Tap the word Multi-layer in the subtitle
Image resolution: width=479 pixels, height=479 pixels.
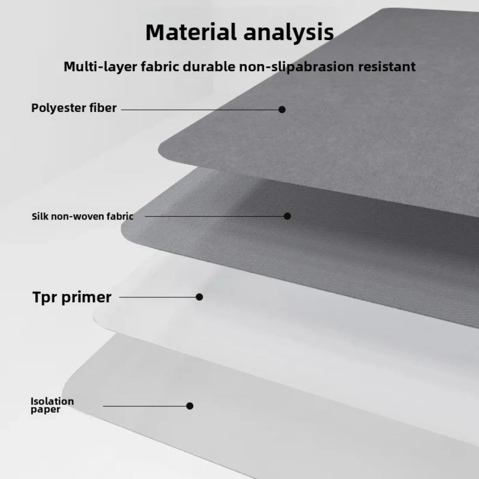[101, 67]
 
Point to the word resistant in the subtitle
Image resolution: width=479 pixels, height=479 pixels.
[387, 67]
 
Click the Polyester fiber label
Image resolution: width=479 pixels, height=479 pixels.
[74, 108]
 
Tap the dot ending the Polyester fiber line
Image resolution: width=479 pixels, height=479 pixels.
[282, 109]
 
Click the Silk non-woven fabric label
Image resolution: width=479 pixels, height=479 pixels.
[83, 216]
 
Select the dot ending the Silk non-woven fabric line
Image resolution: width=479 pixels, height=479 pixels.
[287, 216]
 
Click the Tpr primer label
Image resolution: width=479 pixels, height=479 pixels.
[72, 297]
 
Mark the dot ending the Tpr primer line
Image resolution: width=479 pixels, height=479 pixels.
[199, 297]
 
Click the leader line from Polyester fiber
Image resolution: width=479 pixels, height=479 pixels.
[200, 109]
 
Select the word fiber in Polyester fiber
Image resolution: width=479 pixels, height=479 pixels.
[103, 108]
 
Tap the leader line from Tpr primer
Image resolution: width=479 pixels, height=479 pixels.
[158, 297]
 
